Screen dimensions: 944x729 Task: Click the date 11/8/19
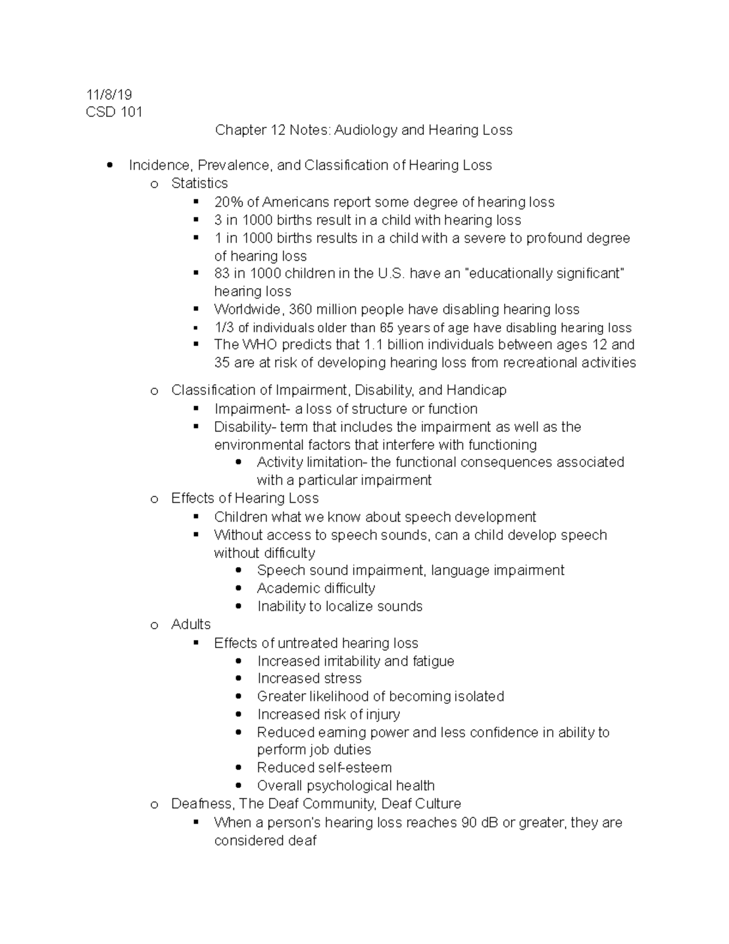109,94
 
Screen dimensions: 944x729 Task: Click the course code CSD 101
114,112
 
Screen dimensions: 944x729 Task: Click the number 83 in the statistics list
222,274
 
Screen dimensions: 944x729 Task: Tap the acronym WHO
259,345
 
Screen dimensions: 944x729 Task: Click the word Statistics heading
199,184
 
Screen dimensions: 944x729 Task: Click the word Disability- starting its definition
245,427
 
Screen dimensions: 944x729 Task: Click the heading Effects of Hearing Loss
245,498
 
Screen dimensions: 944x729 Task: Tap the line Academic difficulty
316,588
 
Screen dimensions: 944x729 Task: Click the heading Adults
191,624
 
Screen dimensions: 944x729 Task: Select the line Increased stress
309,678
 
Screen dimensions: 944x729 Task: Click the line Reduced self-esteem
324,768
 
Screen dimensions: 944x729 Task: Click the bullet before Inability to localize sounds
239,606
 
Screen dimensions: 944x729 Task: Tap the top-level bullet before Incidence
109,165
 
